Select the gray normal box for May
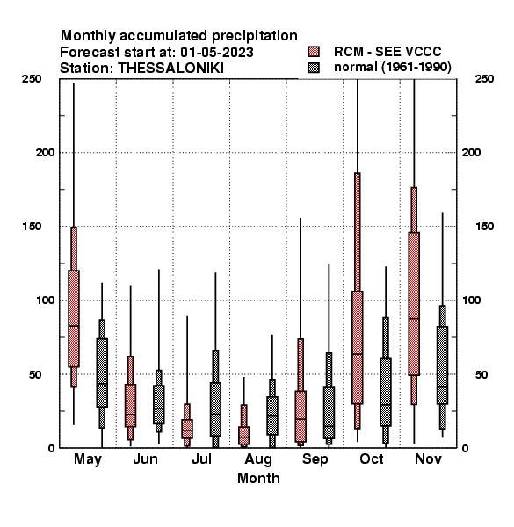102,372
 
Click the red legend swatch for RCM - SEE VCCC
314,52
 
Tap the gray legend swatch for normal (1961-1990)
314,68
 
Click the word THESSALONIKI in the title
170,69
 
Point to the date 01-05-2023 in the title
216,53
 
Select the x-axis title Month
258,478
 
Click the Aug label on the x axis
258,459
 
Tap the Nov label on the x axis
428,458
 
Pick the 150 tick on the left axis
32,227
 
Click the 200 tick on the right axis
471,153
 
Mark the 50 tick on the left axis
35,374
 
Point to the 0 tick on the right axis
465,448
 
